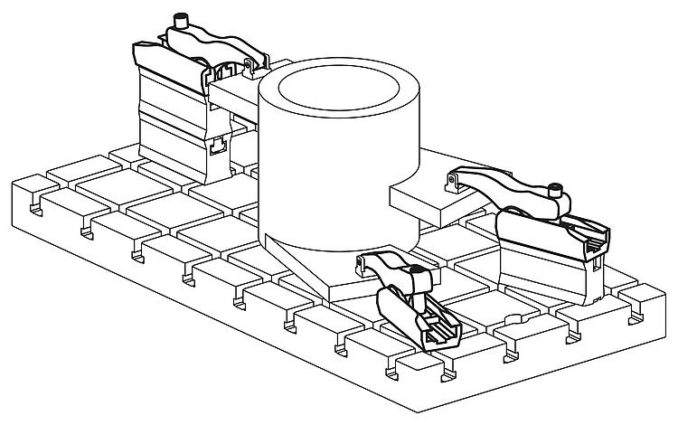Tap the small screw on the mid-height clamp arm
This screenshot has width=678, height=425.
coord(555,190)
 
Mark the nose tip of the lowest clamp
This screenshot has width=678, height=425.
coord(365,263)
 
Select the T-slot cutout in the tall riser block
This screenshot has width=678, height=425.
coord(217,145)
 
